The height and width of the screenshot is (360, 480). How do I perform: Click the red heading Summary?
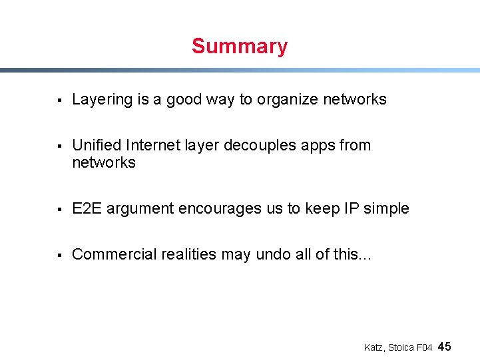(239, 47)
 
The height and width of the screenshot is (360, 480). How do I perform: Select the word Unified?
(96, 145)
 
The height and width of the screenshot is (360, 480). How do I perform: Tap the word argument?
(137, 209)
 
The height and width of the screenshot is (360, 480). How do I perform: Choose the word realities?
(188, 254)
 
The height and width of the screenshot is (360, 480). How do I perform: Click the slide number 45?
(445, 346)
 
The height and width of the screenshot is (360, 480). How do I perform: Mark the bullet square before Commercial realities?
(59, 255)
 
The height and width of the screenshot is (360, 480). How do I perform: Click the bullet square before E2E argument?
(59, 209)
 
